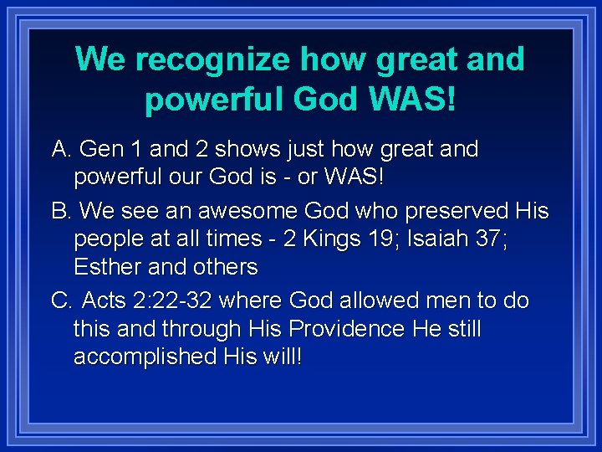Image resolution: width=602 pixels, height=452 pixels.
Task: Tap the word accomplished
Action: click(x=145, y=357)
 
